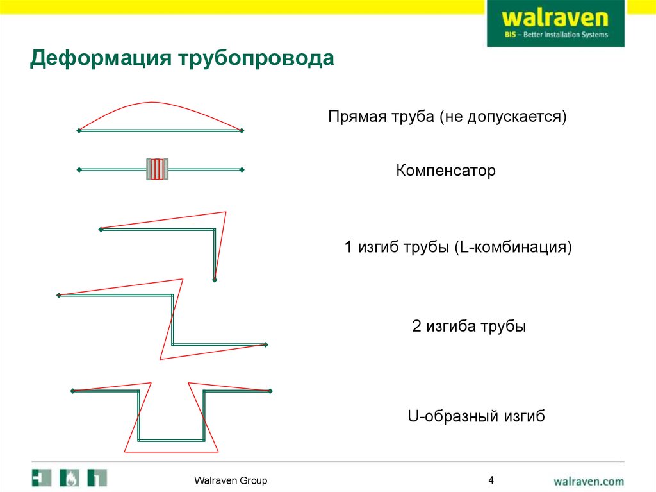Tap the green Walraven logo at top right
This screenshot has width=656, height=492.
pyautogui.click(x=555, y=23)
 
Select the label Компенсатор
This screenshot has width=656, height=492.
pyautogui.click(x=446, y=172)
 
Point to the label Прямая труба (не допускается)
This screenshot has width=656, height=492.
pyautogui.click(x=447, y=117)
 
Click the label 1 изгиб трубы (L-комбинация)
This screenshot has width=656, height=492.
pyautogui.click(x=457, y=247)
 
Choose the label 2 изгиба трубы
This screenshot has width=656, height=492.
pyautogui.click(x=468, y=327)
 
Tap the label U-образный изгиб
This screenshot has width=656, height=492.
pyautogui.click(x=476, y=416)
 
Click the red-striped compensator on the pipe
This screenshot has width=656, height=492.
pyautogui.click(x=157, y=169)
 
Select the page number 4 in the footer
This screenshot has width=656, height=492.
pyautogui.click(x=491, y=480)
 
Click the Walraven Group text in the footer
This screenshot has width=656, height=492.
pyautogui.click(x=231, y=480)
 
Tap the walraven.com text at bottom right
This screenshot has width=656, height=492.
pyautogui.click(x=588, y=480)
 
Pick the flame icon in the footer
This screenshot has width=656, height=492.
pyautogui.click(x=70, y=478)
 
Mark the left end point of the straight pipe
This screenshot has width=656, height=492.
pyautogui.click(x=79, y=130)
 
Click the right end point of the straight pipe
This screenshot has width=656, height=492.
pyautogui.click(x=242, y=130)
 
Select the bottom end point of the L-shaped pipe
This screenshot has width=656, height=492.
pyautogui.click(x=215, y=280)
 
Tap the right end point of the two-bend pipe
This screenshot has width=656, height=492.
pyautogui.click(x=265, y=344)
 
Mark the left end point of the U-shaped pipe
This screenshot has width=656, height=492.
pyautogui.click(x=72, y=391)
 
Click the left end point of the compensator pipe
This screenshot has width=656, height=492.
pyautogui.click(x=79, y=169)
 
